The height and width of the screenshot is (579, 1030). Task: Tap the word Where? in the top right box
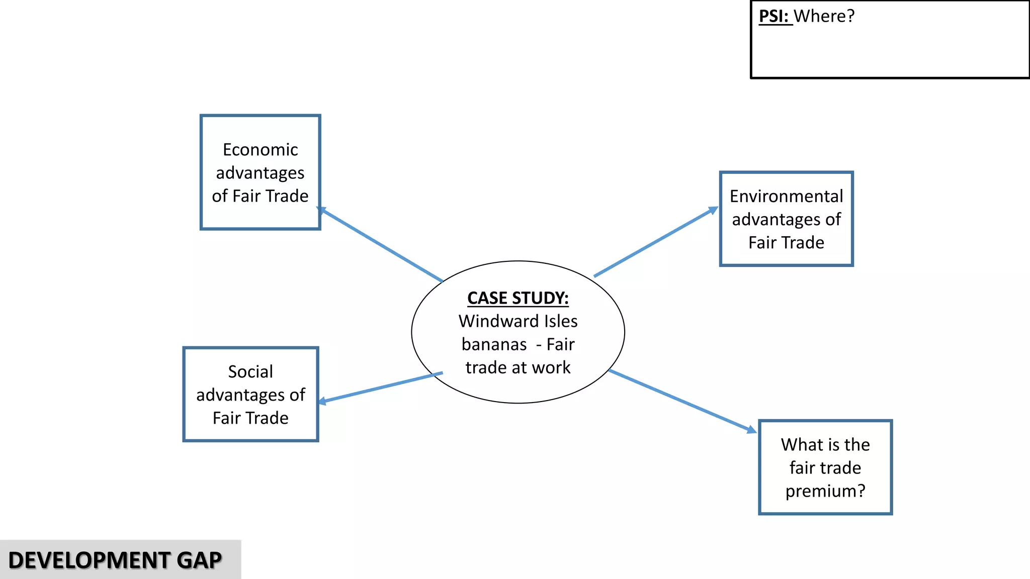824,16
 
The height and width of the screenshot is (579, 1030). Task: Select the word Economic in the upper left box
260,150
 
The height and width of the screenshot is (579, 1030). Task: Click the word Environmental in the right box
786,196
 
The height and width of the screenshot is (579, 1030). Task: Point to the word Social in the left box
250,372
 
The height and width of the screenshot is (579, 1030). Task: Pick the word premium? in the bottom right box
825,491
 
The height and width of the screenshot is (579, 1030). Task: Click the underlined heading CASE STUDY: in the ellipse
518,298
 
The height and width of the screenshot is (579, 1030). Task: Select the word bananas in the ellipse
494,345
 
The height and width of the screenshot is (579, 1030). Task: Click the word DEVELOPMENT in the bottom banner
90,560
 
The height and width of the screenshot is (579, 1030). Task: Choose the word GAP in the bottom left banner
199,560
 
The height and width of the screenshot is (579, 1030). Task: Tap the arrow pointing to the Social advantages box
381,387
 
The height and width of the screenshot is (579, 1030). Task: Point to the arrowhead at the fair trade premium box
751,430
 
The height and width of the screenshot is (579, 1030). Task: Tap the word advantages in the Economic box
260,173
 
